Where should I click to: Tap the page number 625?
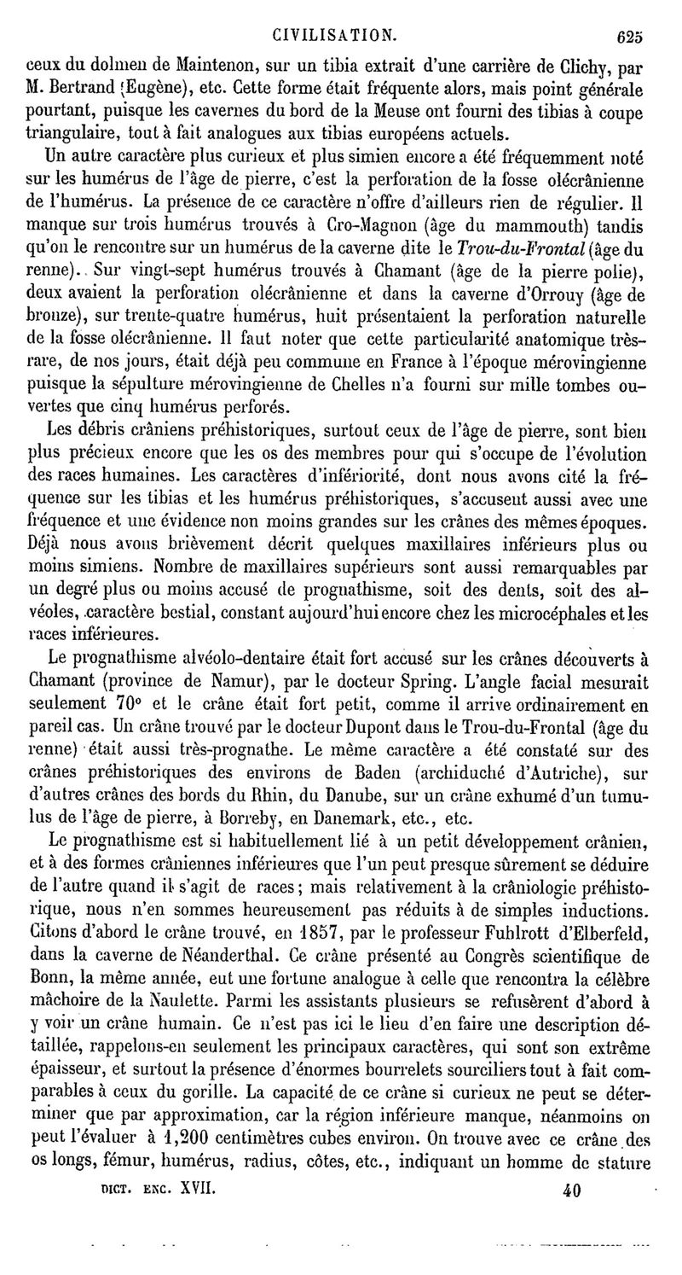tap(631, 37)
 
